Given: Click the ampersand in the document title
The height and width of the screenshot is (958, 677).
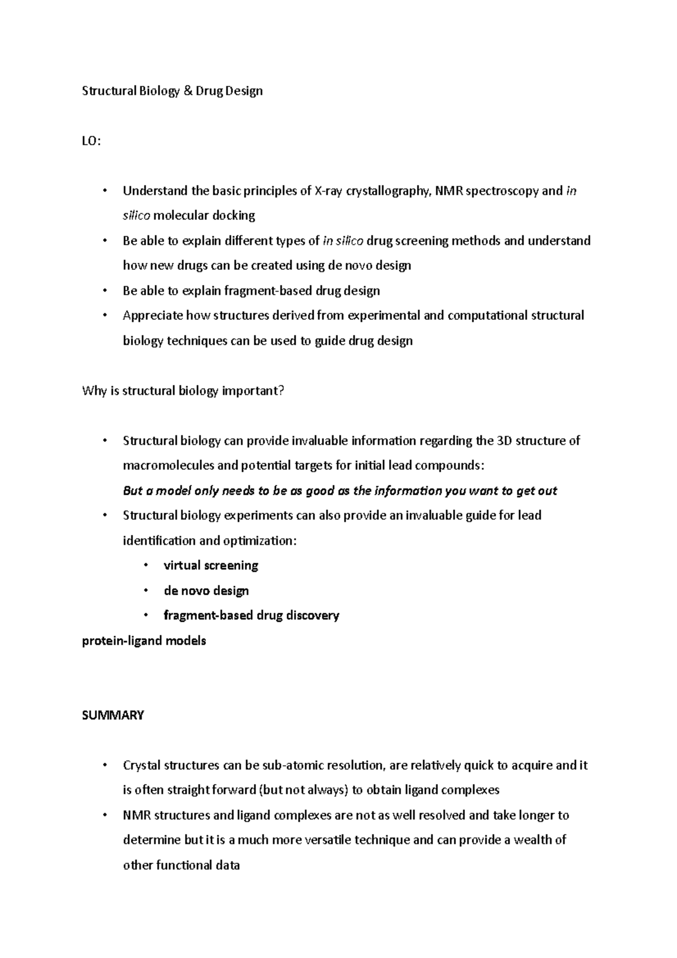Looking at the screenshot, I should pyautogui.click(x=188, y=91).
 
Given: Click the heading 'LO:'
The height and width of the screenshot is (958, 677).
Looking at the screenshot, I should pyautogui.click(x=91, y=141).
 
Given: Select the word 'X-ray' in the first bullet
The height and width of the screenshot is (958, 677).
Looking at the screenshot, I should pyautogui.click(x=328, y=191).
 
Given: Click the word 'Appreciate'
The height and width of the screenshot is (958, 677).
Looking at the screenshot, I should pyautogui.click(x=153, y=315).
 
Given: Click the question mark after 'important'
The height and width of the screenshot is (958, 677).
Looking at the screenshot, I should pyautogui.click(x=281, y=390).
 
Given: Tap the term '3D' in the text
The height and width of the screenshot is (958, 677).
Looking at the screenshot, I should pyautogui.click(x=503, y=441).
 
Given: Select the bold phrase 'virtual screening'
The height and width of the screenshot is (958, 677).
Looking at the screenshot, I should pyautogui.click(x=210, y=565).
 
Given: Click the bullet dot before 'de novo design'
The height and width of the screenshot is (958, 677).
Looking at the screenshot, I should pyautogui.click(x=146, y=590).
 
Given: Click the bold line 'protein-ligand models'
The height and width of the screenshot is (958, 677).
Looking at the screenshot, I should pyautogui.click(x=144, y=641).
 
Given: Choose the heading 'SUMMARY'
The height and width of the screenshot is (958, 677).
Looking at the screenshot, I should pyautogui.click(x=113, y=715).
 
